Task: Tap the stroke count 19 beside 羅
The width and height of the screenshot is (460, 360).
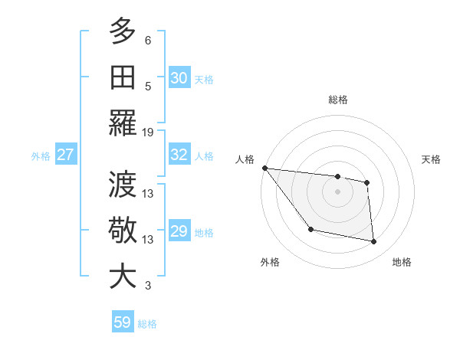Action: click(x=149, y=132)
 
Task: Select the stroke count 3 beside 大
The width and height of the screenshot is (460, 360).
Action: click(x=148, y=286)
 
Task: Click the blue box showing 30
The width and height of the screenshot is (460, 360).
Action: click(x=179, y=78)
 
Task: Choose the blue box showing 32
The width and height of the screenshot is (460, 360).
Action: click(x=179, y=155)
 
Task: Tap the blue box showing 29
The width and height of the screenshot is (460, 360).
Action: click(x=179, y=231)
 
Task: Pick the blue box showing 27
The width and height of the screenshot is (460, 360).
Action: click(x=66, y=155)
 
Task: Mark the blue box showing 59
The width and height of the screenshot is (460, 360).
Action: click(x=123, y=322)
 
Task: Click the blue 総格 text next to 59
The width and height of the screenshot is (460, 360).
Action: click(x=147, y=324)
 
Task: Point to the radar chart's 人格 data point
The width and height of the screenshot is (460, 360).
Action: click(x=264, y=168)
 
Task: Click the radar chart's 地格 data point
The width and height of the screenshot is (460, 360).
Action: click(x=374, y=242)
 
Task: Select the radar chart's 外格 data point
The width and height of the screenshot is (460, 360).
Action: click(x=310, y=229)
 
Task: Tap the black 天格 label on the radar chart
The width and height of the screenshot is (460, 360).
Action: click(x=431, y=159)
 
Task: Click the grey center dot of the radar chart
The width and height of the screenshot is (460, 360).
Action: click(x=337, y=191)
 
